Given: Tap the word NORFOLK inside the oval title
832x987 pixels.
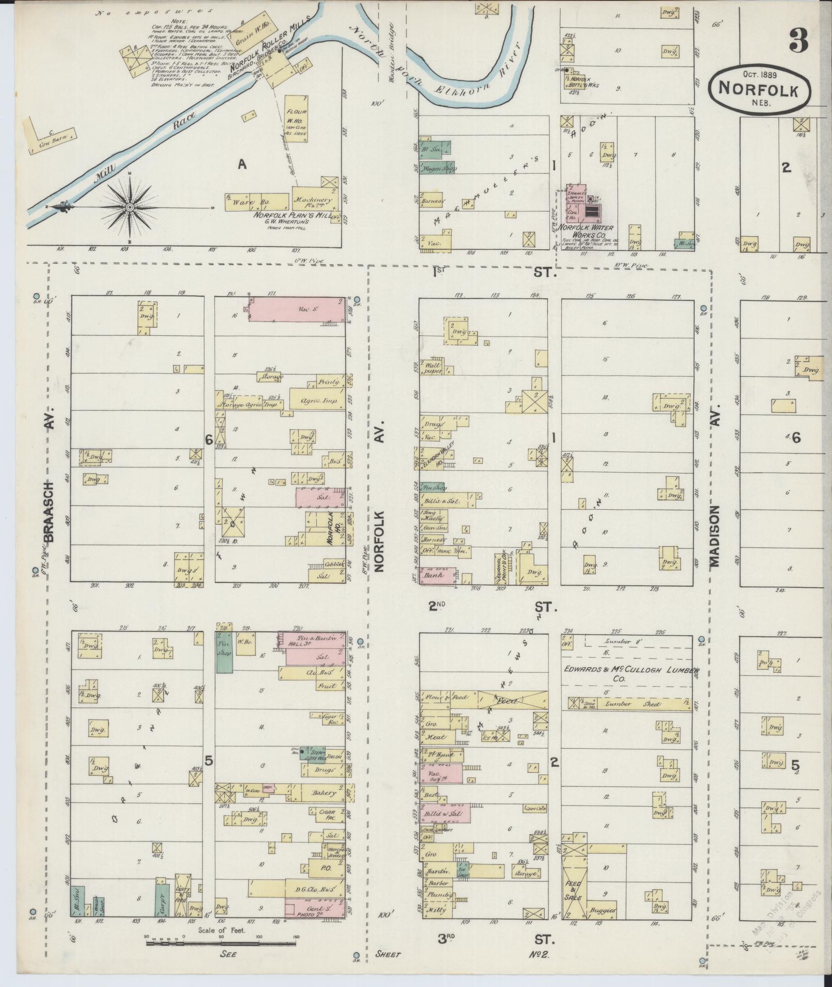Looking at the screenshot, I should point(758,89).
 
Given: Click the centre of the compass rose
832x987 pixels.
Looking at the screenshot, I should point(129,207).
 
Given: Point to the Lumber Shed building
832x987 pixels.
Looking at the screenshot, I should point(640,704).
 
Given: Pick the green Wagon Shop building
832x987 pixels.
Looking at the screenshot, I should point(434,168).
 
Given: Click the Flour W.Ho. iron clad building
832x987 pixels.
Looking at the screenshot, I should point(297,119).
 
